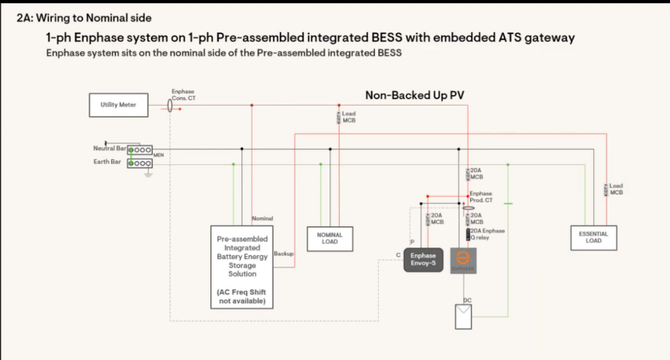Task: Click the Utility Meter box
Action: click(x=118, y=105)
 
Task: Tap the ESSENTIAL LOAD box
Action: click(x=592, y=237)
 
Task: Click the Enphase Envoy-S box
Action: click(x=423, y=259)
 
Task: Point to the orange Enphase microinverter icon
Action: click(x=461, y=261)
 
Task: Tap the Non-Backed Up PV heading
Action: click(x=415, y=94)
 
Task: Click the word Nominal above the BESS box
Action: click(x=262, y=218)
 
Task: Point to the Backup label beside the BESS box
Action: click(x=283, y=253)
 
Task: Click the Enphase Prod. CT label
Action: click(x=482, y=196)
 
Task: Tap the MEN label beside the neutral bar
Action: click(x=158, y=154)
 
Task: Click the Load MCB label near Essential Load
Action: click(x=616, y=189)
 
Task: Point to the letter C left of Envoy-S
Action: click(x=398, y=254)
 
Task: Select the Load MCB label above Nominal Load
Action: click(x=349, y=117)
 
